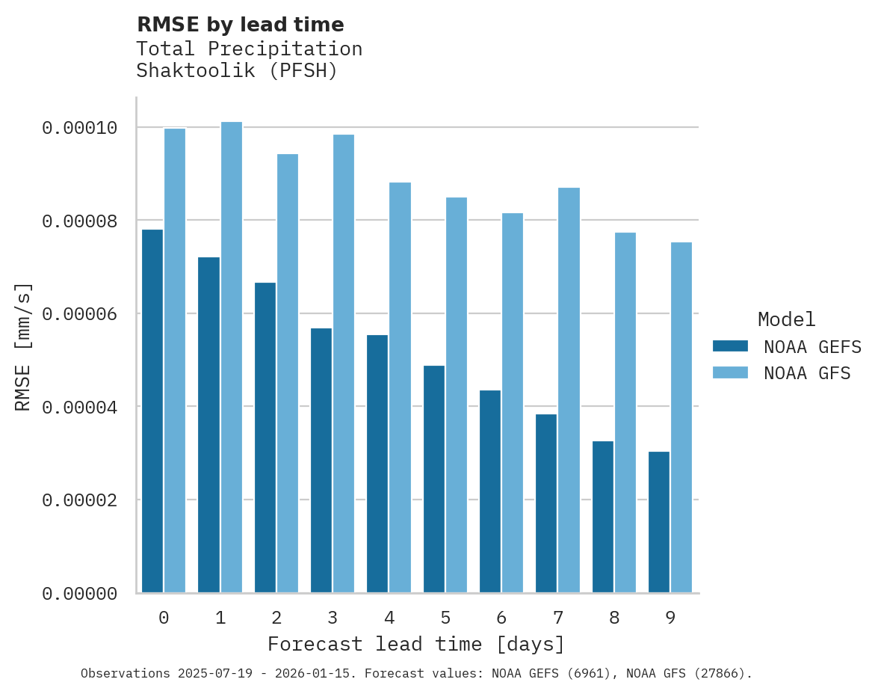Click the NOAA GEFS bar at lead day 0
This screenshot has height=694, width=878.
tap(152, 411)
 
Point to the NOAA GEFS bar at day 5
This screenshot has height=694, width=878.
tap(433, 479)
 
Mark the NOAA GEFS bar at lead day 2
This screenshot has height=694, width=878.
tap(265, 437)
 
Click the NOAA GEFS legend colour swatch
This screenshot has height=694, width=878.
tap(730, 346)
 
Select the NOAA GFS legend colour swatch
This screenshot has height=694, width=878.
tap(730, 372)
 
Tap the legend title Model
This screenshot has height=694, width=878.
tap(786, 319)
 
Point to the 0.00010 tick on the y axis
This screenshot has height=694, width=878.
tap(80, 128)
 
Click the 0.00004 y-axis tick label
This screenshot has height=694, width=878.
tap(80, 407)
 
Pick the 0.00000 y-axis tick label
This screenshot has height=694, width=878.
tap(80, 593)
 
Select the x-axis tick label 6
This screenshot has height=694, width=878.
tap(501, 618)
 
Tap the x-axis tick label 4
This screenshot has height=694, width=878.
tap(389, 618)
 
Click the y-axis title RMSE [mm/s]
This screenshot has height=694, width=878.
tap(23, 346)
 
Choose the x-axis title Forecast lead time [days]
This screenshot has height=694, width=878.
tap(416, 644)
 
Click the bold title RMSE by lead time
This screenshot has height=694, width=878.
tap(240, 25)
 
